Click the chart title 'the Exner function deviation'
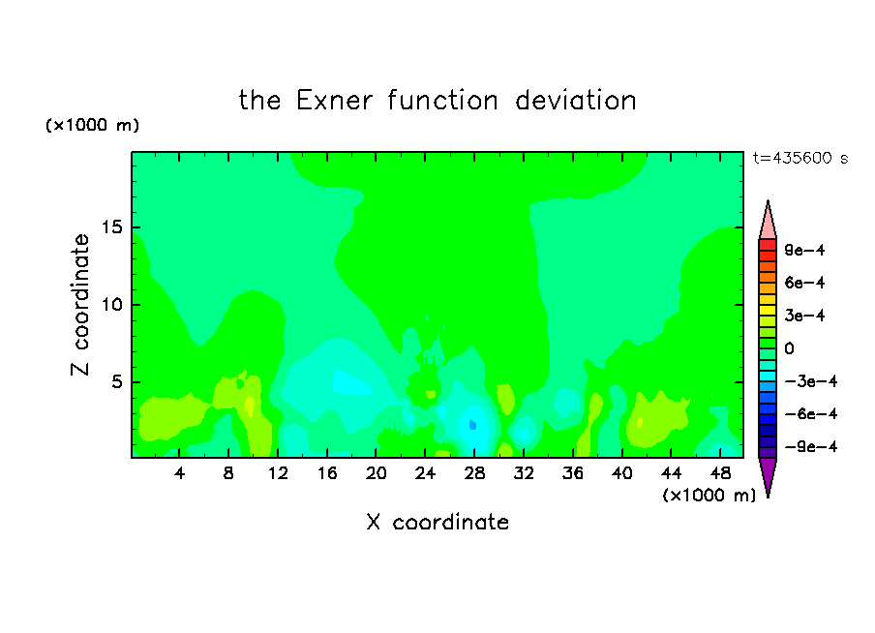(437, 101)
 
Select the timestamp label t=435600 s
(800, 158)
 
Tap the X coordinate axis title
(437, 522)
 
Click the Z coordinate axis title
(79, 305)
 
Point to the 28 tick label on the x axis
(474, 473)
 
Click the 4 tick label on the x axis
(179, 473)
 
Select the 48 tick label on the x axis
(720, 473)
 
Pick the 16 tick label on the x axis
(327, 473)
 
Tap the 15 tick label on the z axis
(111, 227)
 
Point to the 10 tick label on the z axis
(111, 305)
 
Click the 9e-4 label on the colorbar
(804, 250)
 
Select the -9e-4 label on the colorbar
(811, 446)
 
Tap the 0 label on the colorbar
(789, 348)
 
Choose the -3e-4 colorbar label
(811, 381)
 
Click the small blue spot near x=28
(472, 425)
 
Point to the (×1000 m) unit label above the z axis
(92, 125)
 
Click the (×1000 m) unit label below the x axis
(709, 496)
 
